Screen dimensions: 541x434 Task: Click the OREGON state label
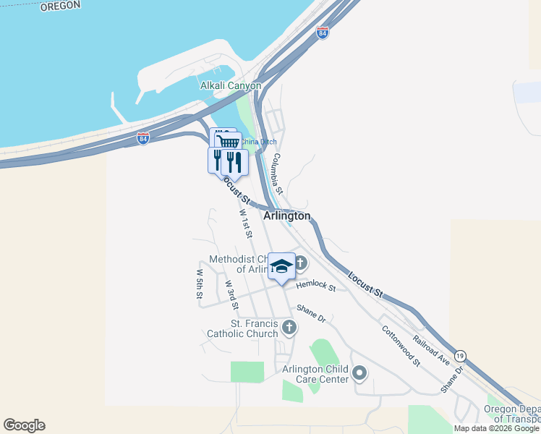[59, 6]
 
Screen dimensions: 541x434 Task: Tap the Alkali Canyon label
[230, 85]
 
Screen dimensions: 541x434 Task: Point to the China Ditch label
[259, 142]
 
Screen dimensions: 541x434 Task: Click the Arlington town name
[287, 216]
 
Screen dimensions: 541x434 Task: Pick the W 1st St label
[246, 224]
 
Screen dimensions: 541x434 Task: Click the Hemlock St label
[316, 287]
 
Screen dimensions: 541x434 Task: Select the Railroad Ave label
[432, 349]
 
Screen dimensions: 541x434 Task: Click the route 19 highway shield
[461, 356]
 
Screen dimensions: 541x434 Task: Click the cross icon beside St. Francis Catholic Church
[289, 328]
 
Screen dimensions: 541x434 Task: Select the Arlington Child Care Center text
[315, 374]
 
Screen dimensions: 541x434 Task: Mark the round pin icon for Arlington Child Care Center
[359, 374]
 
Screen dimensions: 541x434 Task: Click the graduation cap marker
[281, 265]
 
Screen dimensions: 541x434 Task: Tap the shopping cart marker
[229, 141]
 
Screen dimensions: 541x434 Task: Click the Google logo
[24, 425]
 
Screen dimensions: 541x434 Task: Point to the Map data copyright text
[496, 428]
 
